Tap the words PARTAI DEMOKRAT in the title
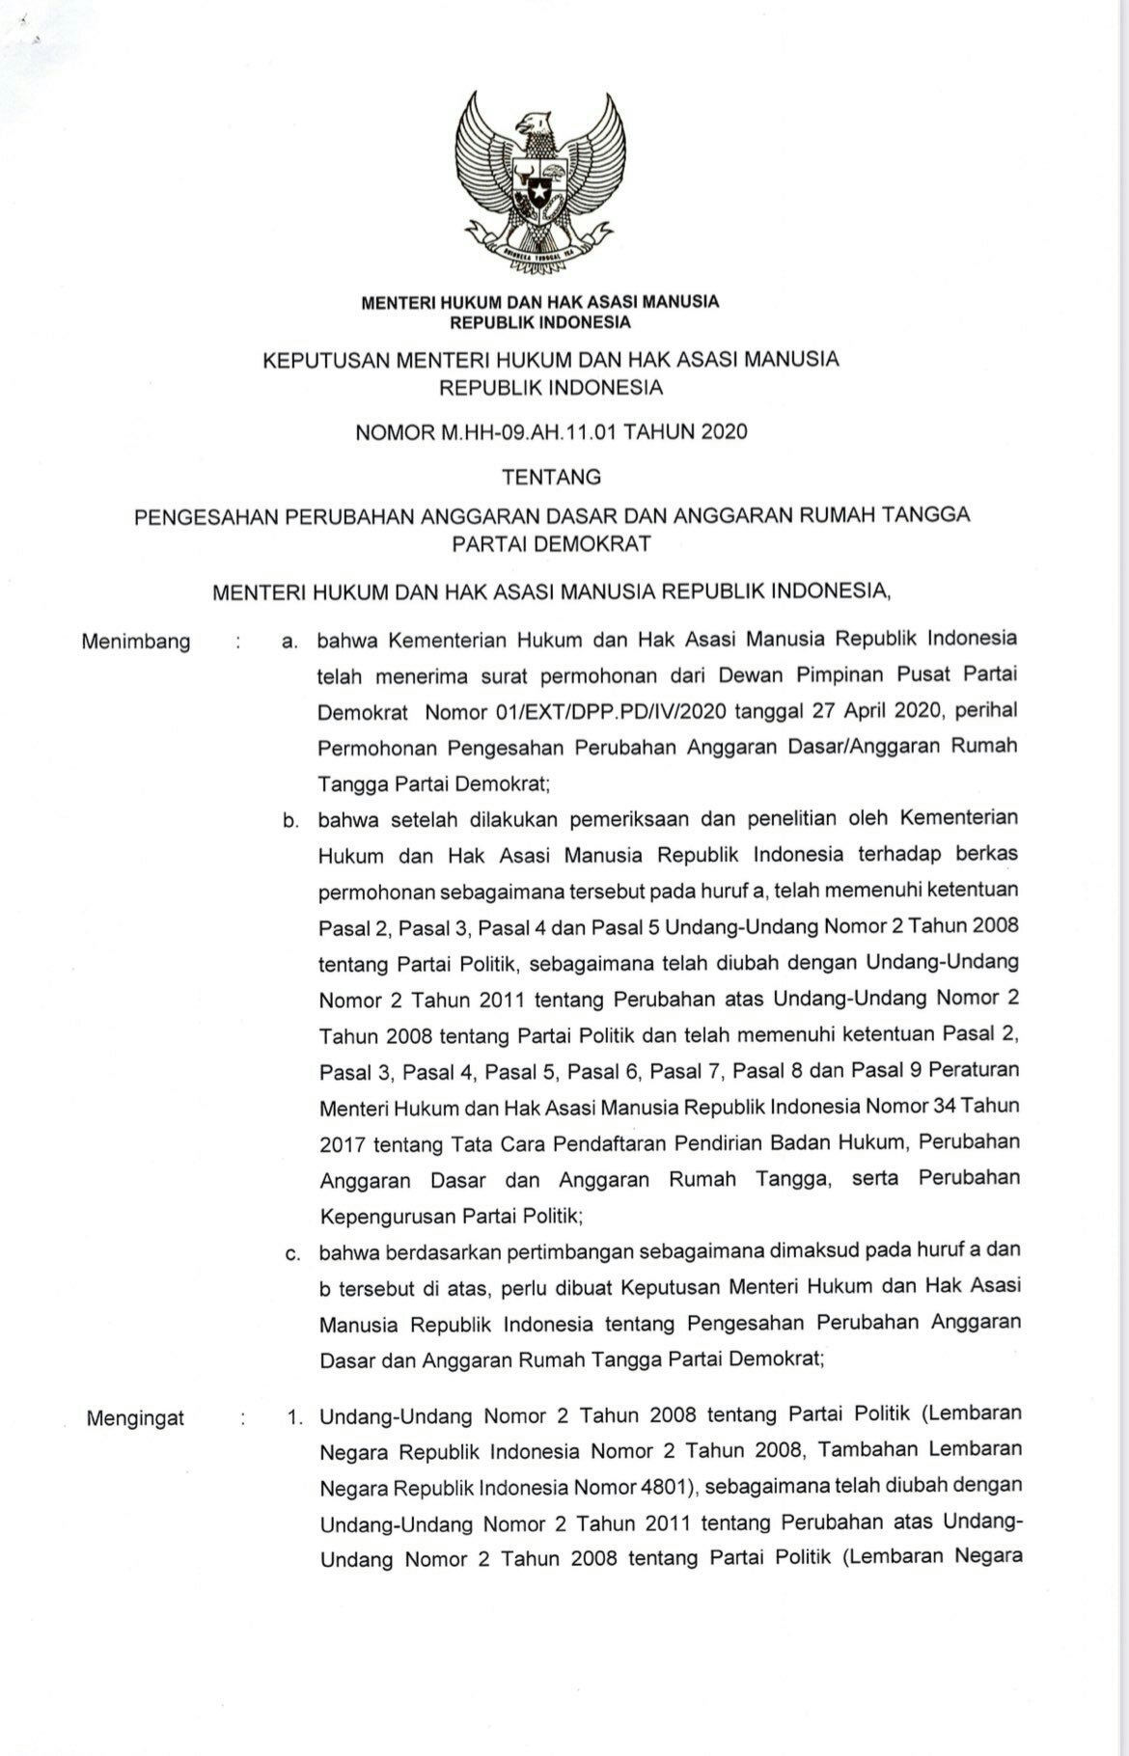point(551,543)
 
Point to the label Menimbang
point(136,643)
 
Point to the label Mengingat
point(135,1418)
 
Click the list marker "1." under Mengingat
point(293,1418)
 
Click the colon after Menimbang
point(237,643)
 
